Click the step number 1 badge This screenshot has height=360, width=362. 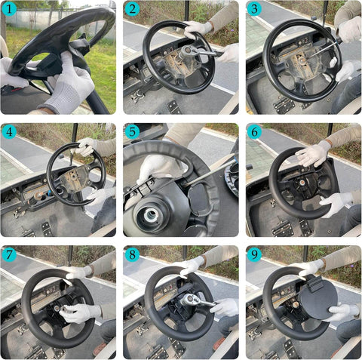(9, 9)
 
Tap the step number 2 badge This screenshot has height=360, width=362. (132, 10)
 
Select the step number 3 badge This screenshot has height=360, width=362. (254, 10)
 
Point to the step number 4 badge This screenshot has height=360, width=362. (9, 131)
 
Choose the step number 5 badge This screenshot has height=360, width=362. (132, 131)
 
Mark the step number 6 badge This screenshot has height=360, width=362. (254, 131)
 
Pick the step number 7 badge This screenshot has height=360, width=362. (9, 254)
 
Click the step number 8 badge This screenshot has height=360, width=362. (132, 254)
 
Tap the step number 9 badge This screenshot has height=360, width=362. (254, 254)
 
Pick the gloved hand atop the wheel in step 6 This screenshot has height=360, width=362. (311, 154)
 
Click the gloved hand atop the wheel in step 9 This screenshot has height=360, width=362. (311, 267)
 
